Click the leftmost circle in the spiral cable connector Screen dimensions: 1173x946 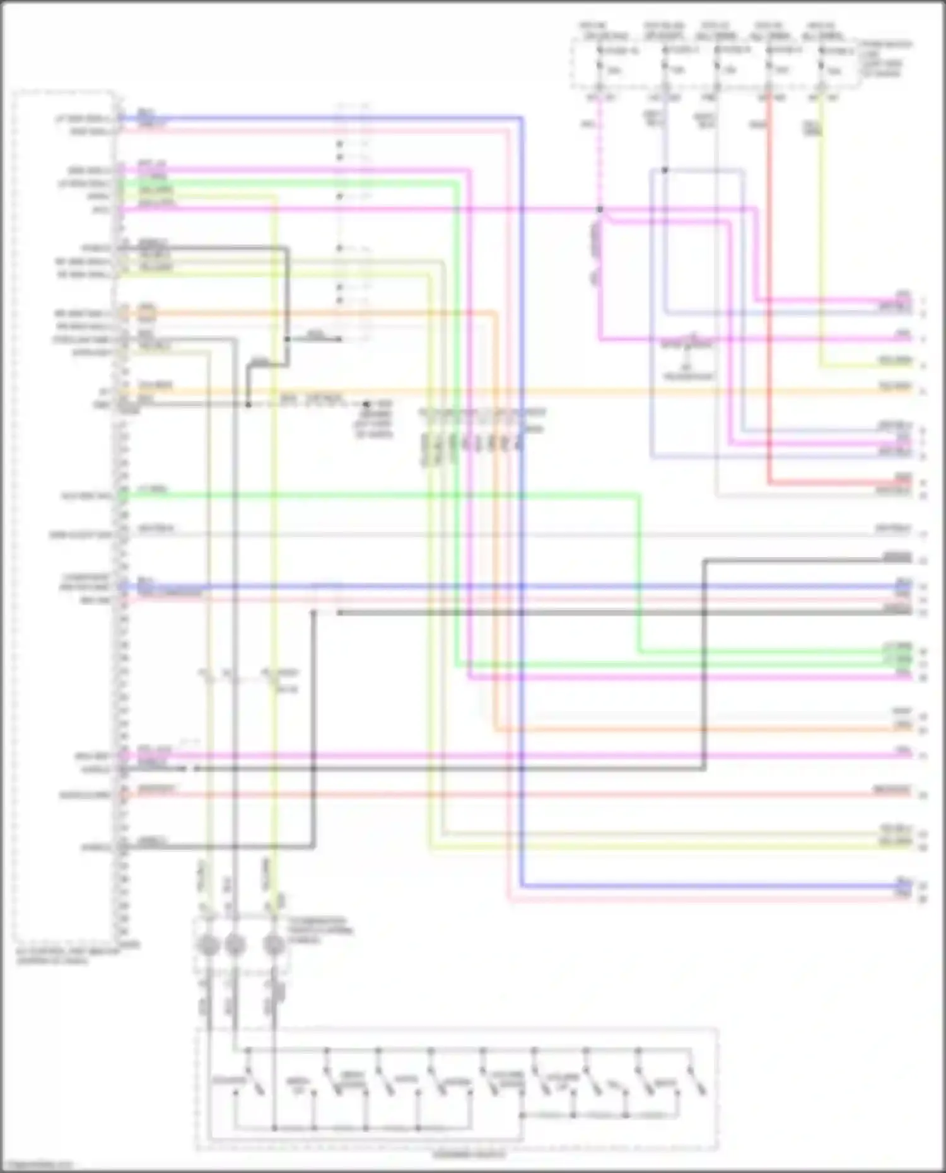pos(209,945)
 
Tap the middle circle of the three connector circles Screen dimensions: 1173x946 pos(235,945)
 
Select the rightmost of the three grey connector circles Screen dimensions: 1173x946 pos(274,945)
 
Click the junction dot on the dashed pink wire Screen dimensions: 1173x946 pos(600,209)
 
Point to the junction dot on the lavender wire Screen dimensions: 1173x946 pos(664,170)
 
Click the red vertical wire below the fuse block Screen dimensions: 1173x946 pos(769,284)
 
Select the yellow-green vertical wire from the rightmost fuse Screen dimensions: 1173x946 pos(821,240)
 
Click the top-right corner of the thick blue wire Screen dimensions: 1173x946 pos(522,118)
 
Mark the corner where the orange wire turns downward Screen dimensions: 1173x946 pos(494,313)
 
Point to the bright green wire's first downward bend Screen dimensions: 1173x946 pos(455,183)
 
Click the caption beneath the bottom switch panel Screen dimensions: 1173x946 pos(469,1154)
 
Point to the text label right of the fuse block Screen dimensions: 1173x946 pos(886,59)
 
